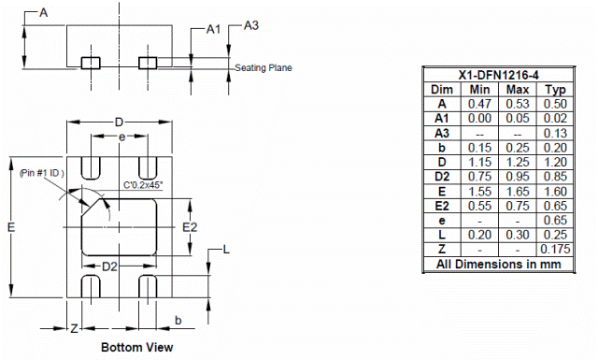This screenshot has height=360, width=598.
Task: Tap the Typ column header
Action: (x=555, y=90)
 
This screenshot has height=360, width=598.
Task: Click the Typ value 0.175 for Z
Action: (x=555, y=250)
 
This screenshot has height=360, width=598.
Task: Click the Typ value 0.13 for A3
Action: (x=555, y=133)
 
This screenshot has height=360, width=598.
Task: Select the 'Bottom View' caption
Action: (x=136, y=347)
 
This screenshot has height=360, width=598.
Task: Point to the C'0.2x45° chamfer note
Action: (x=143, y=186)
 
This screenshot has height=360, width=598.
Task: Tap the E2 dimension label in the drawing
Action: (x=190, y=226)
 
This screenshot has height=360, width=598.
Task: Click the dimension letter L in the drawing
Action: (x=226, y=249)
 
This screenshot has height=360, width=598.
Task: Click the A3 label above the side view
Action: (x=250, y=25)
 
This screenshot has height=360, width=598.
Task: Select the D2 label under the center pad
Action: (x=110, y=267)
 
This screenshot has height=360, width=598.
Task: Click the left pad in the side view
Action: (x=90, y=63)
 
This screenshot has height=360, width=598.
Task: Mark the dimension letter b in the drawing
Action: (x=178, y=321)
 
